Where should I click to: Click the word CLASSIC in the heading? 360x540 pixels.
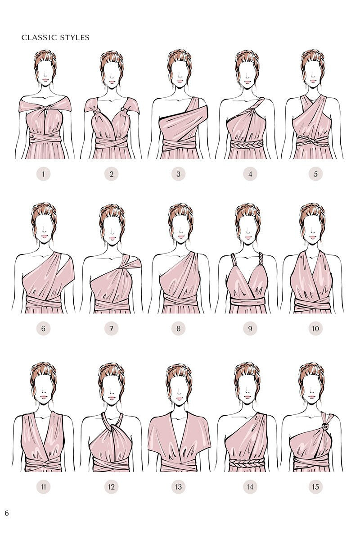pos(39,37)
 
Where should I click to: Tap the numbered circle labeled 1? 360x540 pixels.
pos(44,174)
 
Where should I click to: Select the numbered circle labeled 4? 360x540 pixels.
pos(250,174)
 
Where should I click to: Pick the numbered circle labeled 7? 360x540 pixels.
pos(111,329)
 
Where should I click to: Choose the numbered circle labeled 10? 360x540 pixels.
pos(315,329)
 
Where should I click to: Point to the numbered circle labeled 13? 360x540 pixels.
pos(179,486)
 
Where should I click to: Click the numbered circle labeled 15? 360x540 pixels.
pos(315,486)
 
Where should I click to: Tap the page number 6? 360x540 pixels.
pos(7,513)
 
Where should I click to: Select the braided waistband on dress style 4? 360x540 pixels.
pos(246,144)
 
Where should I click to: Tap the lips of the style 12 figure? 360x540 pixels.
pos(111,398)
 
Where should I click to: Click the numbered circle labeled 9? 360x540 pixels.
pos(250,329)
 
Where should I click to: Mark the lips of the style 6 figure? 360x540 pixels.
pos(44,236)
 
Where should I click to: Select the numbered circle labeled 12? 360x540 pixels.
pos(111,486)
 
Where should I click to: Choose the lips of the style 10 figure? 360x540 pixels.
pos(312,236)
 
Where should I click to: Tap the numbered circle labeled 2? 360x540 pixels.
pos(111,174)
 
